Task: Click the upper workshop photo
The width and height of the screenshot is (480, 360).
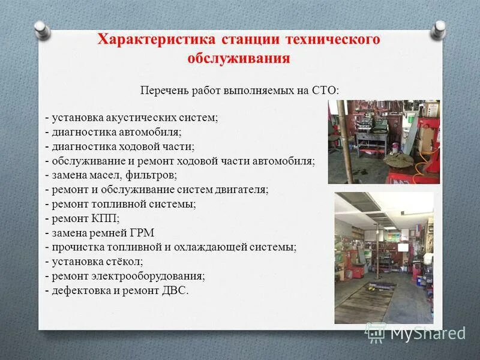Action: point(383,142)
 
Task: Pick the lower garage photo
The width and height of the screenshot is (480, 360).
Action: point(383,257)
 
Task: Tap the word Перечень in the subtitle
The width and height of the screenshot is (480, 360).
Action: point(164,91)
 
